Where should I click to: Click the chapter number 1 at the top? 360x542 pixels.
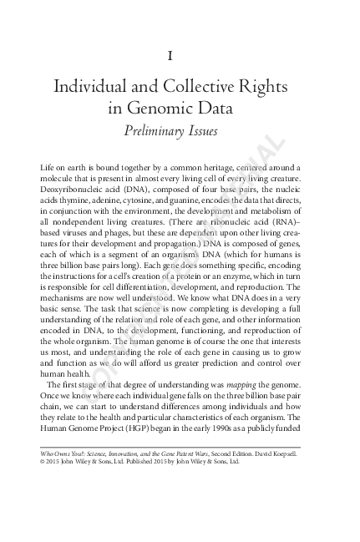(170, 56)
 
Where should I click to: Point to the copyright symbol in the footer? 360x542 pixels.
(43, 461)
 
